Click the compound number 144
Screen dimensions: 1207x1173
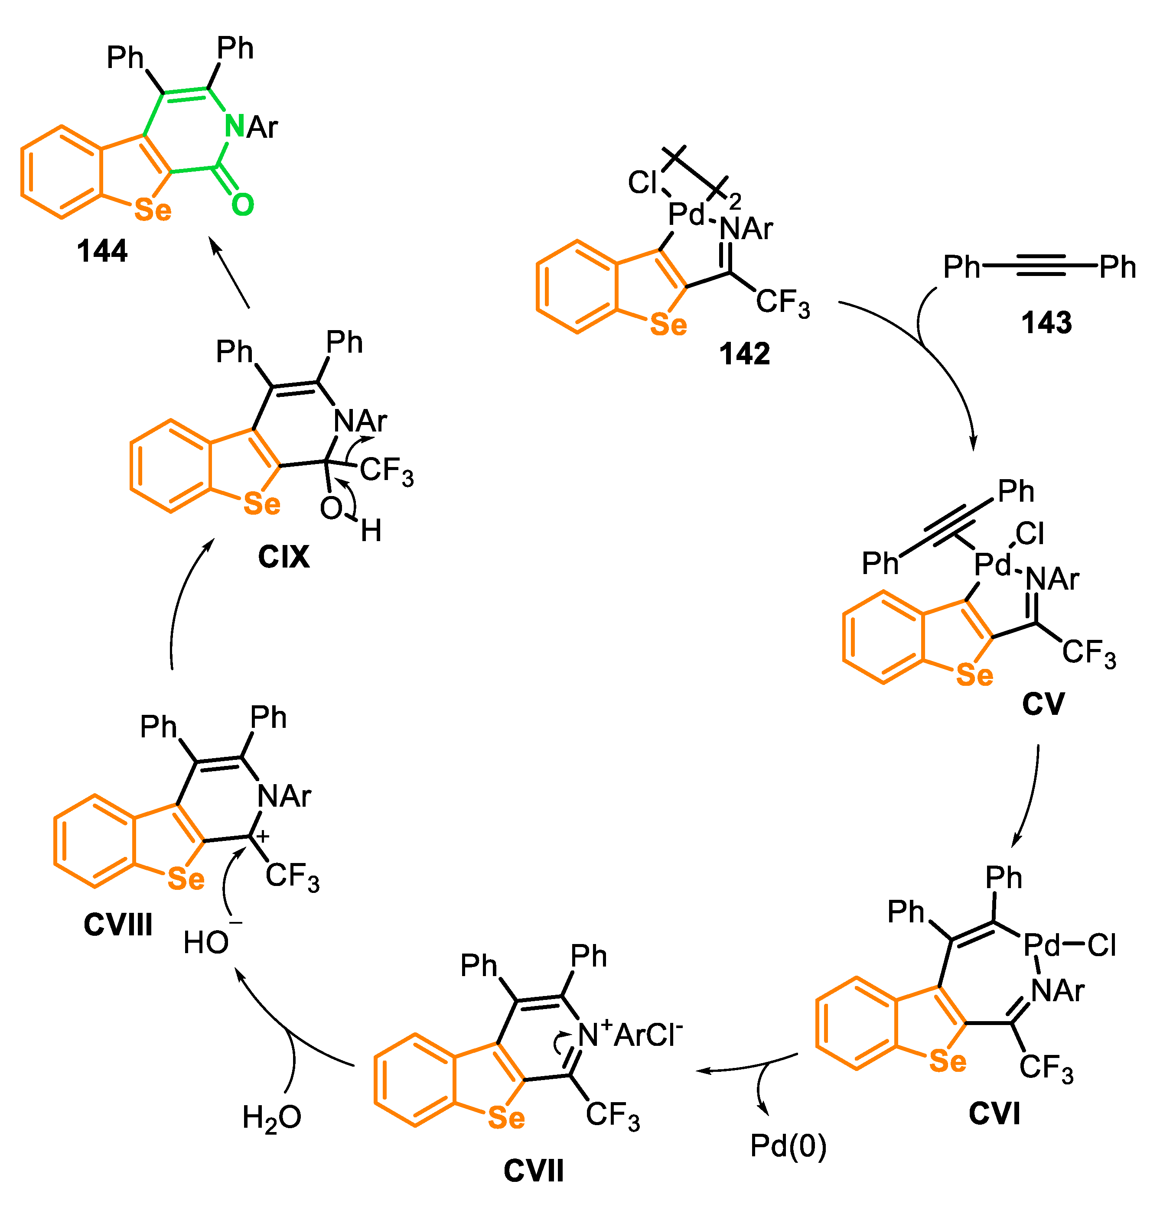pos(102,251)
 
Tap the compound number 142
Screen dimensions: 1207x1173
pos(744,354)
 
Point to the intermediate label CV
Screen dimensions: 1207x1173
pos(1043,704)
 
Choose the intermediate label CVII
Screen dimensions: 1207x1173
pos(534,1171)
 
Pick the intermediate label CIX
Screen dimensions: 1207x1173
pos(283,557)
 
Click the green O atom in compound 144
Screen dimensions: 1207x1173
pos(243,204)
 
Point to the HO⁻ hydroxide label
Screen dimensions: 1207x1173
pos(209,942)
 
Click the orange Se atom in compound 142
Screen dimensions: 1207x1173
pos(668,324)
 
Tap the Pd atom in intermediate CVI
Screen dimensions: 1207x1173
pos(1041,944)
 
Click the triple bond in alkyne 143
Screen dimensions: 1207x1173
pos(1040,266)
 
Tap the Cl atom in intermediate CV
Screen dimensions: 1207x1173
pos(1030,534)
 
